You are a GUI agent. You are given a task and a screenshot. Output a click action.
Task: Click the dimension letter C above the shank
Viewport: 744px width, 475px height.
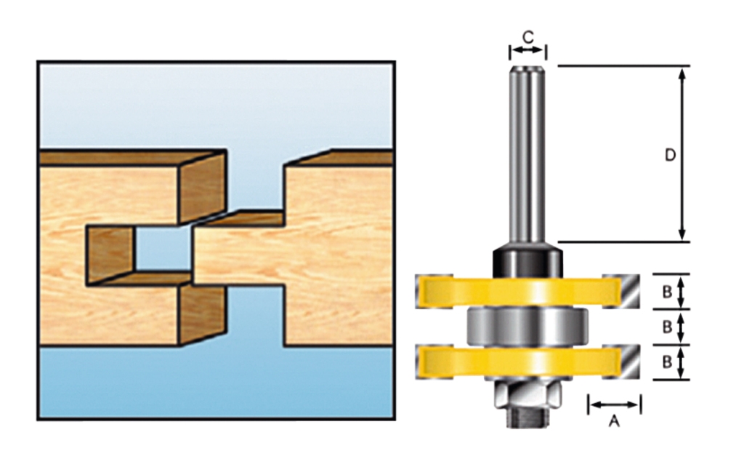[528, 36]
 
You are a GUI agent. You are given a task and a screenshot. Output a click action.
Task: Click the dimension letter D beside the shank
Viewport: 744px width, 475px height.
[670, 155]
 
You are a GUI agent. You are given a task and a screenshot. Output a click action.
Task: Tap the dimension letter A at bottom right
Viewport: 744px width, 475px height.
[615, 420]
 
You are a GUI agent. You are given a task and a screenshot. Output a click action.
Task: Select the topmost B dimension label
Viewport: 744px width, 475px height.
[667, 292]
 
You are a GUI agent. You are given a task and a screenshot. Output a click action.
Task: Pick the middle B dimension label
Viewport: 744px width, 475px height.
[667, 327]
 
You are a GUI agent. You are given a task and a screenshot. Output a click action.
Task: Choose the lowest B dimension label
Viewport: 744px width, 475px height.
[667, 362]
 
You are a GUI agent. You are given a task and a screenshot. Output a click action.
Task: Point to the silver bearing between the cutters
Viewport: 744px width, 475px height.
[527, 327]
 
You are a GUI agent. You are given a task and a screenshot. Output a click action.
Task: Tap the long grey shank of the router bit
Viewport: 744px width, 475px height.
[527, 154]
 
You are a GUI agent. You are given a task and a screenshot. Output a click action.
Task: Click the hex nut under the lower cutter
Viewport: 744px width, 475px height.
[527, 394]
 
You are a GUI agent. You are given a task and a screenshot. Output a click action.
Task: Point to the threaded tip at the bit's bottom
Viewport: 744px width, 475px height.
[527, 418]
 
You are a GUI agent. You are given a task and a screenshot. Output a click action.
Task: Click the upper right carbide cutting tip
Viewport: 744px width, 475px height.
[621, 291]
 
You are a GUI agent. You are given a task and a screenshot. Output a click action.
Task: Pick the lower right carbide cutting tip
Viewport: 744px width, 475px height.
[621, 362]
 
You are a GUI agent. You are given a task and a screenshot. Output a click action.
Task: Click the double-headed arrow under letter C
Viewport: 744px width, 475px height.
[527, 50]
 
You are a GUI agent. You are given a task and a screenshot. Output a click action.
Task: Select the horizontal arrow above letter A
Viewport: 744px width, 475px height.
[615, 404]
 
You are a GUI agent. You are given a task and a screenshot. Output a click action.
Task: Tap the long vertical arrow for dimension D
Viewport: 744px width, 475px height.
[682, 154]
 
